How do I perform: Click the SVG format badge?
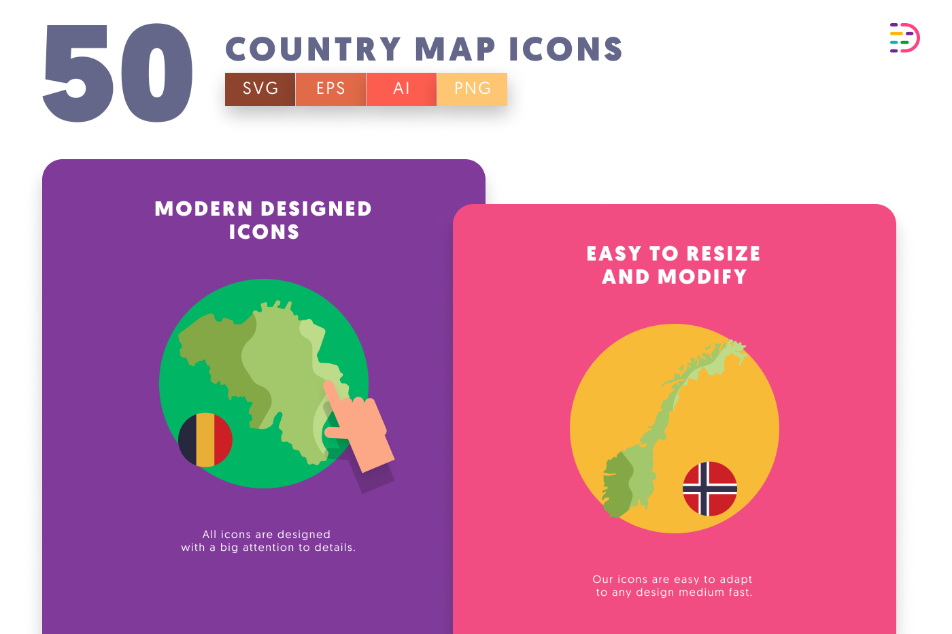click(260, 89)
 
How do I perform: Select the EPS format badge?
click(330, 89)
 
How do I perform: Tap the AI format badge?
click(401, 89)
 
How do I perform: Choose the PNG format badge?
click(472, 89)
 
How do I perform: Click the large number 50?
click(118, 73)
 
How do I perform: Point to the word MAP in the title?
click(455, 49)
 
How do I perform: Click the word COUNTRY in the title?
click(313, 49)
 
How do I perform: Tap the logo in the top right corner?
click(905, 38)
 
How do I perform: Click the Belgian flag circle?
click(205, 439)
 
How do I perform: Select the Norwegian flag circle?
click(710, 489)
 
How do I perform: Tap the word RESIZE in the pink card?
click(724, 254)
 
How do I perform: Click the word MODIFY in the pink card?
click(702, 277)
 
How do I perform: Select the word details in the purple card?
click(335, 547)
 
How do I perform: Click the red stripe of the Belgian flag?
click(223, 439)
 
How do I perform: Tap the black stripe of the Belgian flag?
click(188, 439)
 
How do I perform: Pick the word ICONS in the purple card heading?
click(264, 232)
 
